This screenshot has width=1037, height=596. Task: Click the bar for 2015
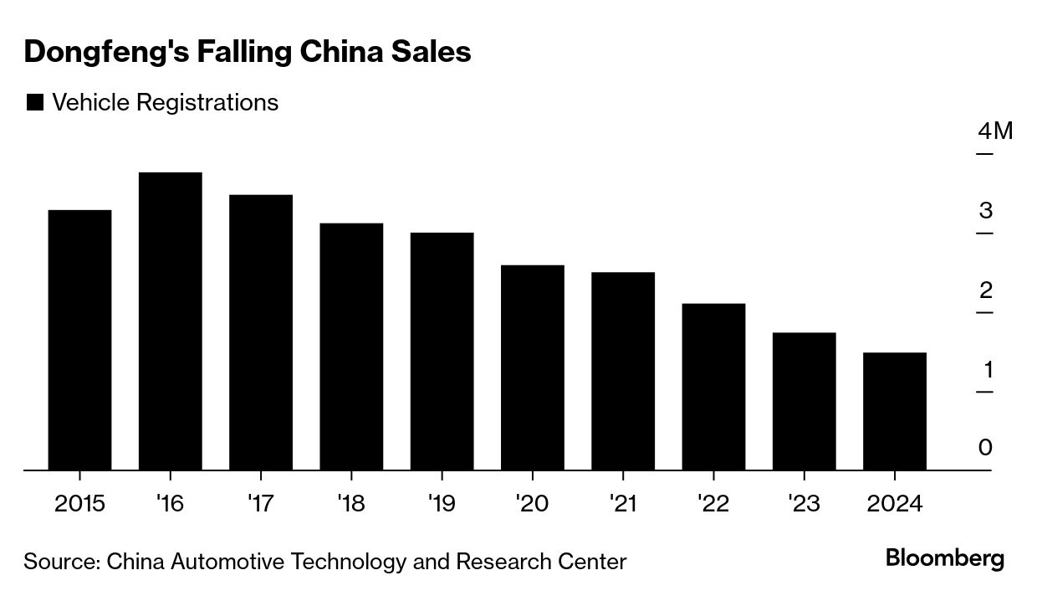[79, 339]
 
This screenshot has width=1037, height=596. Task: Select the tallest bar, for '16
[170, 321]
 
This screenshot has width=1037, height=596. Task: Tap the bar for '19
[442, 351]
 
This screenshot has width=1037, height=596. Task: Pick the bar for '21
[623, 371]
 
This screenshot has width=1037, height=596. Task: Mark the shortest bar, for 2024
[894, 411]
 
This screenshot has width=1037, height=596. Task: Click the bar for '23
[804, 401]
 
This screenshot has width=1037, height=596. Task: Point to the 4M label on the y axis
[994, 131]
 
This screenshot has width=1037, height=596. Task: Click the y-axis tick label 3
[986, 210]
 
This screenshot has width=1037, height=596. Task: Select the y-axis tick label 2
[986, 290]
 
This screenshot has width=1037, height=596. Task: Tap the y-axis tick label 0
[986, 448]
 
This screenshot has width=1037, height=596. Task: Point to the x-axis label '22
[713, 504]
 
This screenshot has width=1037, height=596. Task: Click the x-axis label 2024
[894, 504]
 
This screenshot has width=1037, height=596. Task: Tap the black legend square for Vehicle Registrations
[35, 103]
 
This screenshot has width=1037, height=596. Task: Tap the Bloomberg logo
[945, 558]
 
